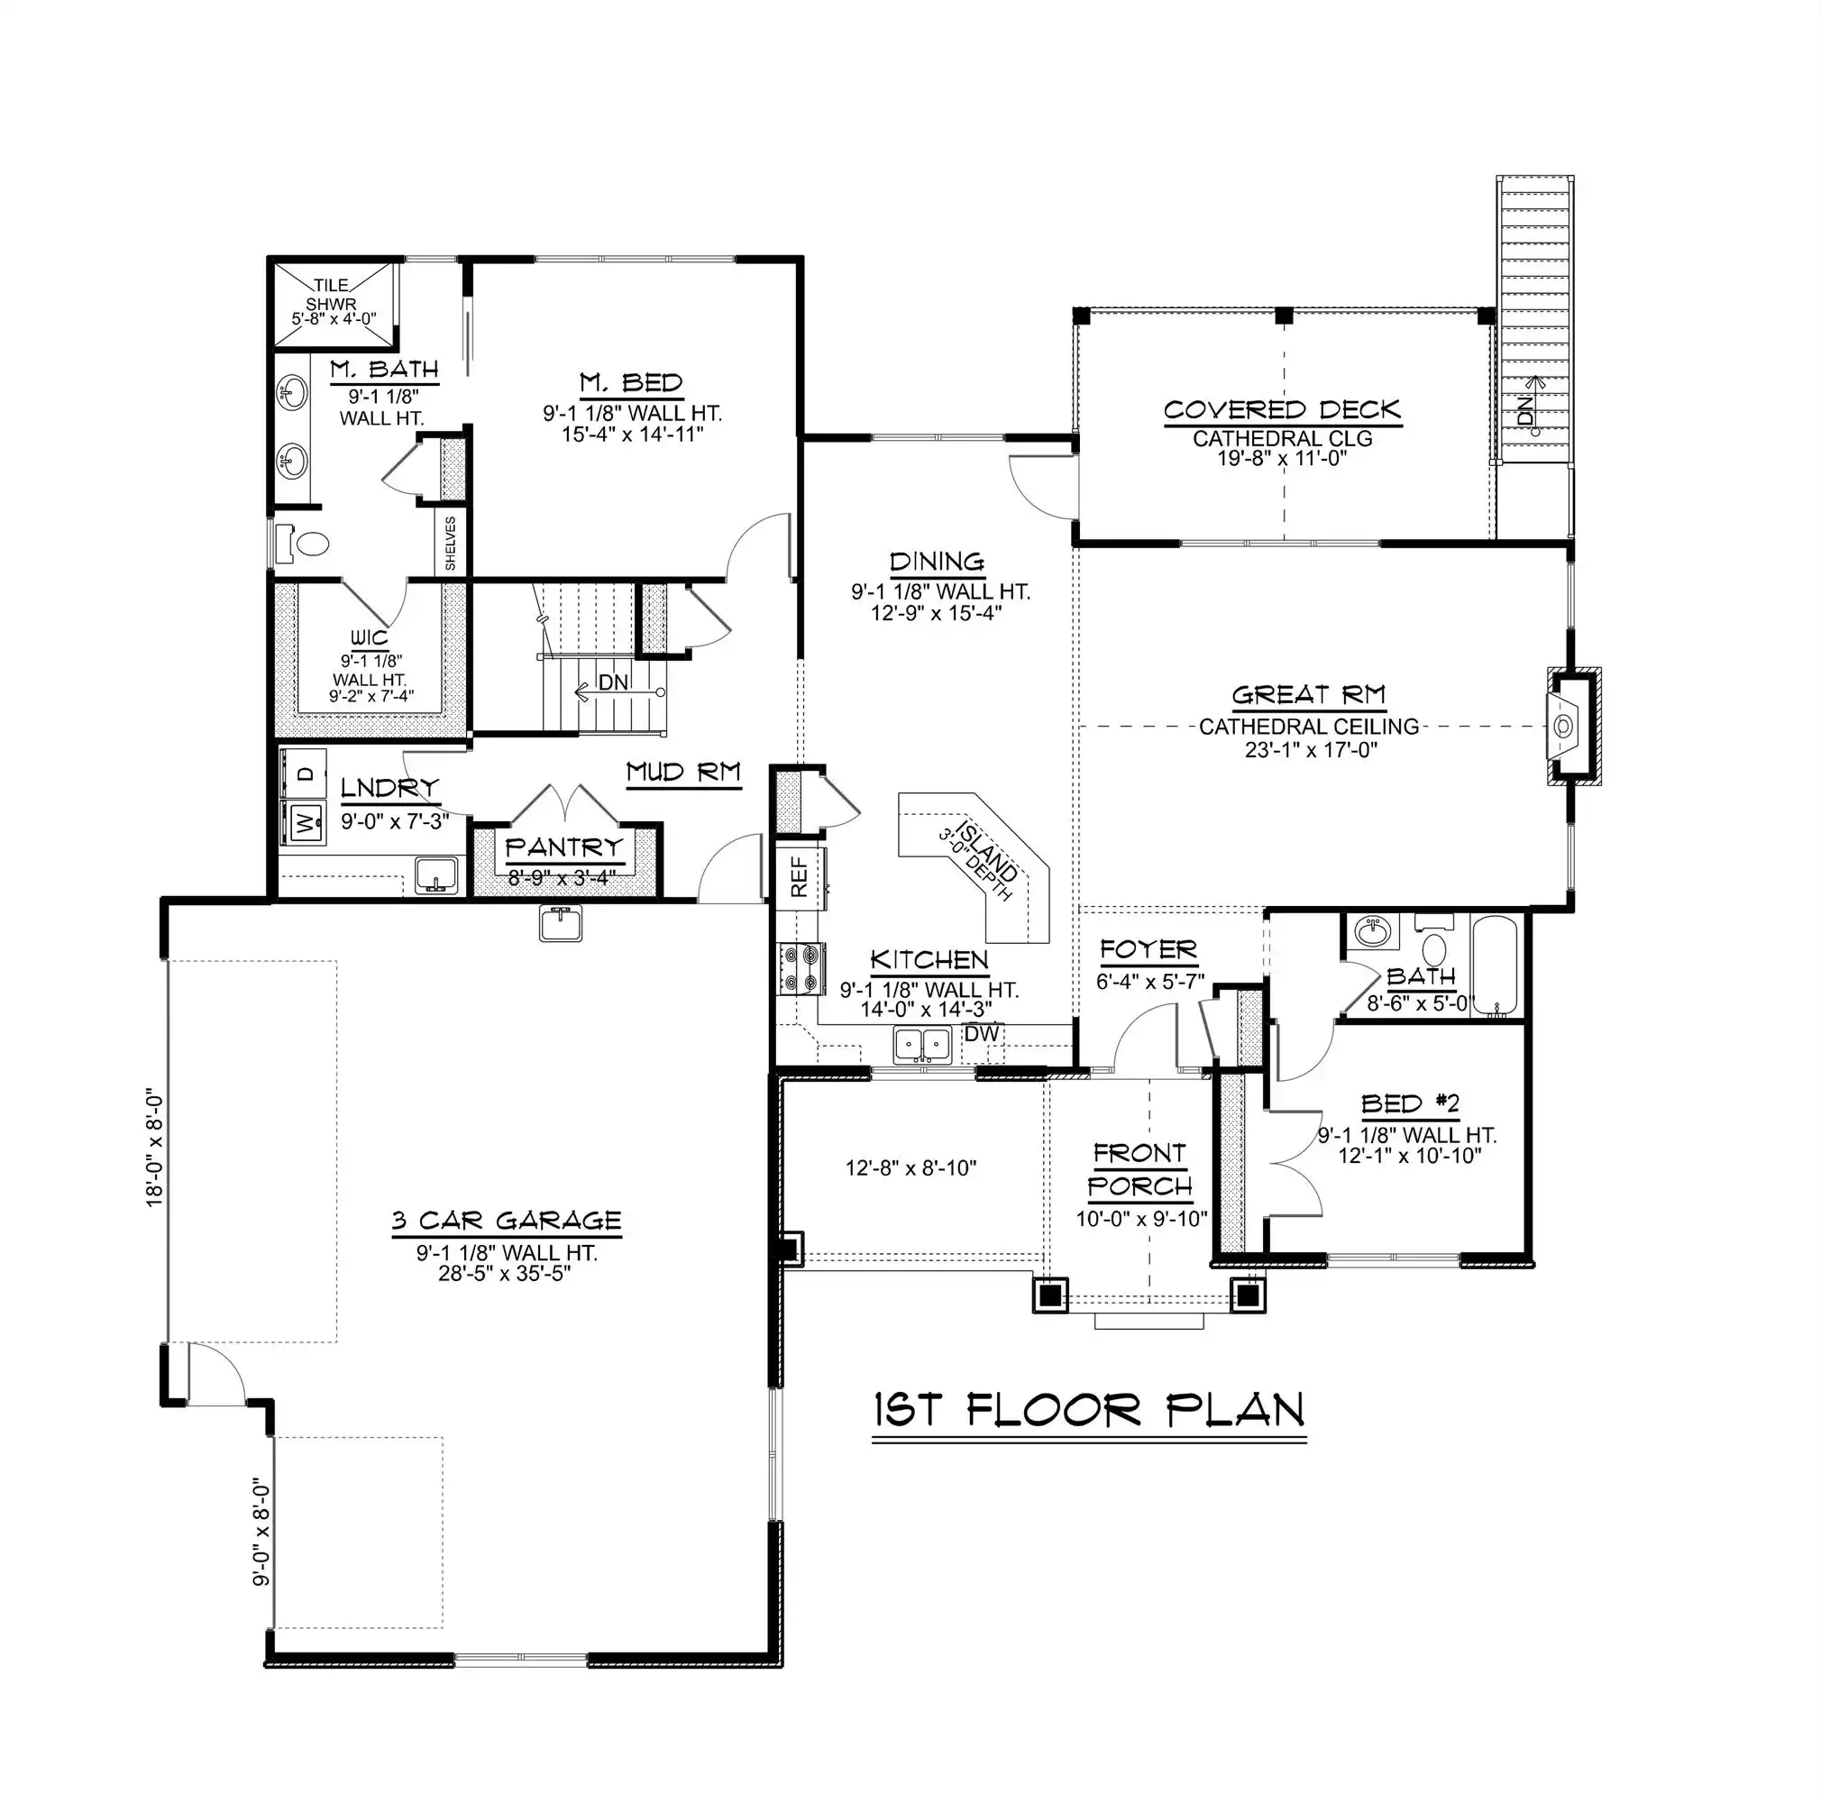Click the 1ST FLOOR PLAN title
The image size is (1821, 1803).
[1090, 1411]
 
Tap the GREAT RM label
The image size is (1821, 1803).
[1308, 696]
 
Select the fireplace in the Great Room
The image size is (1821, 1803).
[1573, 726]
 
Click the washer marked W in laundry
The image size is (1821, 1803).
[304, 823]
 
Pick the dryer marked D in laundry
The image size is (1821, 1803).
[304, 773]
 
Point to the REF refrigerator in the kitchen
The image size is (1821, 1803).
[801, 876]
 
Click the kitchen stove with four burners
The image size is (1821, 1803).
[801, 969]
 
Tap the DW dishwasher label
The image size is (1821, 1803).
[981, 1033]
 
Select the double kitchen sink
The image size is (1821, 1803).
[922, 1045]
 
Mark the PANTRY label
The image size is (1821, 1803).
[563, 847]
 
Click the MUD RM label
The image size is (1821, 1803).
[683, 773]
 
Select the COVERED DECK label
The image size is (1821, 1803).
[1282, 410]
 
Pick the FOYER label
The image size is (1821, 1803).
[1148, 950]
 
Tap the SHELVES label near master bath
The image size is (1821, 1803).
[451, 542]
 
